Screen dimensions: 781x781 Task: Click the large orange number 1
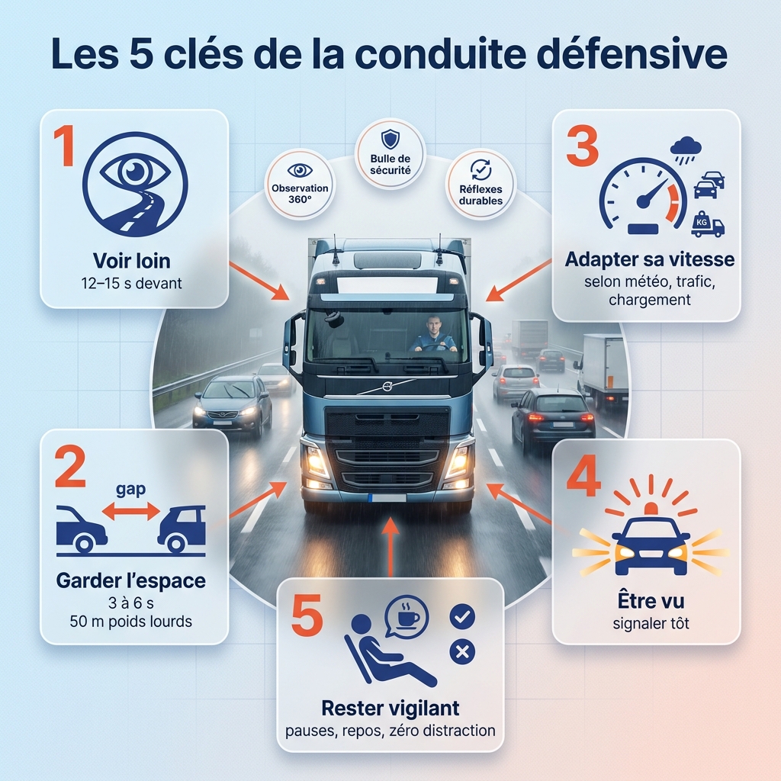pos(66,146)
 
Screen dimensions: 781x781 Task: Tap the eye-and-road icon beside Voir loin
pos(135,185)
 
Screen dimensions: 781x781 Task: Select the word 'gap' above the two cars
pos(131,489)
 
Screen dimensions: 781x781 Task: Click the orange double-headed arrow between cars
pos(131,511)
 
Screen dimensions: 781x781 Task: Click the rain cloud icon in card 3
pos(686,149)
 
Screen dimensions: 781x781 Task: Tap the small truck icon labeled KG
pos(707,224)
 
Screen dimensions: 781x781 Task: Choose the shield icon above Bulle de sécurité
pos(390,139)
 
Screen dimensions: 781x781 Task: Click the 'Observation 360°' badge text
pos(300,194)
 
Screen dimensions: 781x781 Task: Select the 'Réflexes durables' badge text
pos(480,194)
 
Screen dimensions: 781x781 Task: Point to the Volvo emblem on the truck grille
pos(387,386)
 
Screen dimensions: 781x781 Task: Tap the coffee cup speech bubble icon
pos(407,617)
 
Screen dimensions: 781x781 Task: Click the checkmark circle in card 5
pos(462,616)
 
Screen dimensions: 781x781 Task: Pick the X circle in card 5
pos(462,651)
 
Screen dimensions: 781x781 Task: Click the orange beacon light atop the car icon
pos(651,509)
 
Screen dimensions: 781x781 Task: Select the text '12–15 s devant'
pos(131,284)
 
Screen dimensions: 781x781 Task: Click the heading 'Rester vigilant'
pos(390,708)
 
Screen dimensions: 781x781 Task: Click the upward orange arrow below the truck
pos(390,546)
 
